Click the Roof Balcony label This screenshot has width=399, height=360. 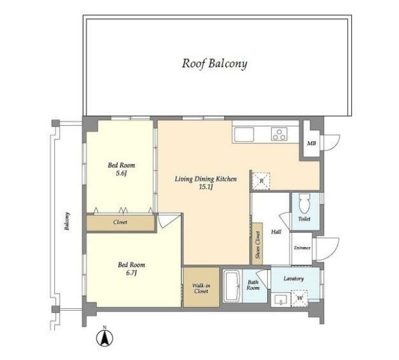[x=214, y=64]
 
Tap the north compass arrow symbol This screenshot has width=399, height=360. [x=104, y=338]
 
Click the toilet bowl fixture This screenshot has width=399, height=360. [x=305, y=203]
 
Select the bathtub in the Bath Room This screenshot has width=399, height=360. [x=233, y=286]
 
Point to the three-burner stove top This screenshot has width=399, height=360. [x=279, y=134]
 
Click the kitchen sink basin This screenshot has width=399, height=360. [x=244, y=134]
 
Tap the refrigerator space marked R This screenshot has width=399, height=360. [x=261, y=181]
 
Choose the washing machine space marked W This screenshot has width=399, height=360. [x=299, y=298]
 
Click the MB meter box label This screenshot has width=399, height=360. [x=311, y=144]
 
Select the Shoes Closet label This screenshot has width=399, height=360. [x=257, y=245]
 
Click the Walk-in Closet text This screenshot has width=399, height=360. [x=201, y=289]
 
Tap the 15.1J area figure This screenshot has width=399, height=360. [x=206, y=188]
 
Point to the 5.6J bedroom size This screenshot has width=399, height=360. [x=121, y=174]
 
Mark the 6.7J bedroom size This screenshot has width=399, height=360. [x=131, y=273]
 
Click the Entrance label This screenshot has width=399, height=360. [x=302, y=248]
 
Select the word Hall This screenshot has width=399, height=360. [x=276, y=232]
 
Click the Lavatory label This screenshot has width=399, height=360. [x=294, y=279]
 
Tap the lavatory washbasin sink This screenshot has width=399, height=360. [x=280, y=300]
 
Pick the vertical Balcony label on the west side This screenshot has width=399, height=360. [x=67, y=221]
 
